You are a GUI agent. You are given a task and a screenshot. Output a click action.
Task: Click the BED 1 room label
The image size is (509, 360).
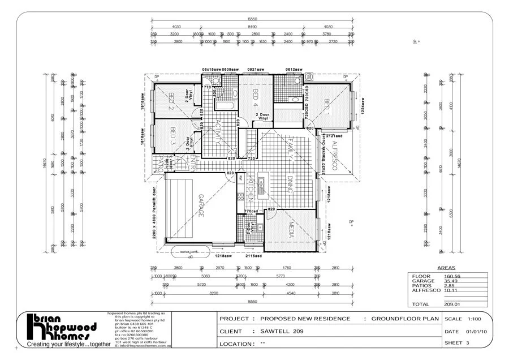327,106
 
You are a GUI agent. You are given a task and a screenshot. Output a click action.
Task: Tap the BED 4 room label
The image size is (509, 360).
256,98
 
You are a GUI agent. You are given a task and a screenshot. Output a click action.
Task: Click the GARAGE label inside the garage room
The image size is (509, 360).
200,207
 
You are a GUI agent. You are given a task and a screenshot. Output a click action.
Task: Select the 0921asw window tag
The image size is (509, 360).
256,70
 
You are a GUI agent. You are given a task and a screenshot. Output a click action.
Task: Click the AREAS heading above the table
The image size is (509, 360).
447,268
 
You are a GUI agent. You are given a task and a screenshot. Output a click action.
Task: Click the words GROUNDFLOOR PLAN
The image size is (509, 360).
405,319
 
